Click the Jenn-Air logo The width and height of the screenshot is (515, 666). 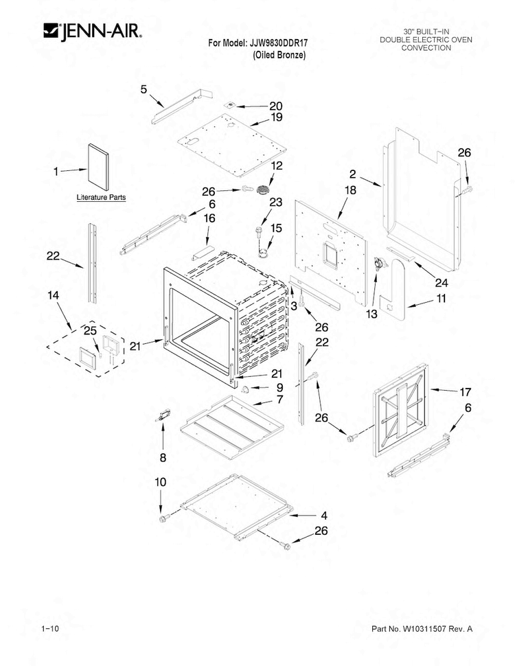pyautogui.click(x=92, y=32)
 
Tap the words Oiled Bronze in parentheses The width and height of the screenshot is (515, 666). pyautogui.click(x=279, y=55)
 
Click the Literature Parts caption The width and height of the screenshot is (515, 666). pyautogui.click(x=101, y=197)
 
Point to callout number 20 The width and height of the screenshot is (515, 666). pyautogui.click(x=276, y=106)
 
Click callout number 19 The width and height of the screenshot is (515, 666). pyautogui.click(x=277, y=117)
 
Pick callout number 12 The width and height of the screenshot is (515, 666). pyautogui.click(x=276, y=165)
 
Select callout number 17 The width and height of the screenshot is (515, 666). pyautogui.click(x=466, y=392)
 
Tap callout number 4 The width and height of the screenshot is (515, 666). pyautogui.click(x=324, y=516)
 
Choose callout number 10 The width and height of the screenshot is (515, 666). pyautogui.click(x=160, y=482)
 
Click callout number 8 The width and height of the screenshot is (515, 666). pyautogui.click(x=163, y=458)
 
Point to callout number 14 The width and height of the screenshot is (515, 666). pyautogui.click(x=53, y=295)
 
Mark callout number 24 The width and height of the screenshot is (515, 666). pyautogui.click(x=441, y=282)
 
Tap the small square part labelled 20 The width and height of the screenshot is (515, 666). pyautogui.click(x=231, y=105)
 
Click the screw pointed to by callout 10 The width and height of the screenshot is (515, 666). pyautogui.click(x=163, y=518)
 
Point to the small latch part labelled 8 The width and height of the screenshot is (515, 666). pyautogui.click(x=163, y=415)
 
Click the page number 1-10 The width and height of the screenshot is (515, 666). pyautogui.click(x=51, y=629)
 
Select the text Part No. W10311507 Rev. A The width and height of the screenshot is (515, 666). pyautogui.click(x=422, y=629)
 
